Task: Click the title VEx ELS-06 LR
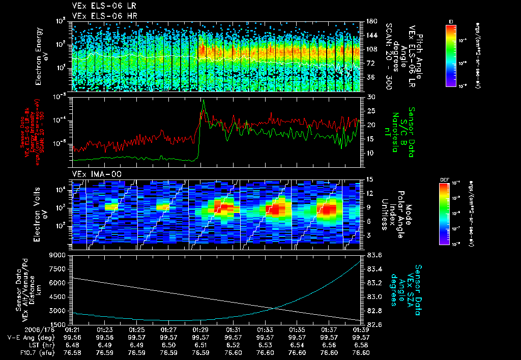click(x=100, y=6)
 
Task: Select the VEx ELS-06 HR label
click(x=100, y=15)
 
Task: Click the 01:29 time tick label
click(x=201, y=329)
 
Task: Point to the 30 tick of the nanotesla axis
click(x=370, y=97)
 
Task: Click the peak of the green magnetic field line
click(x=204, y=100)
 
